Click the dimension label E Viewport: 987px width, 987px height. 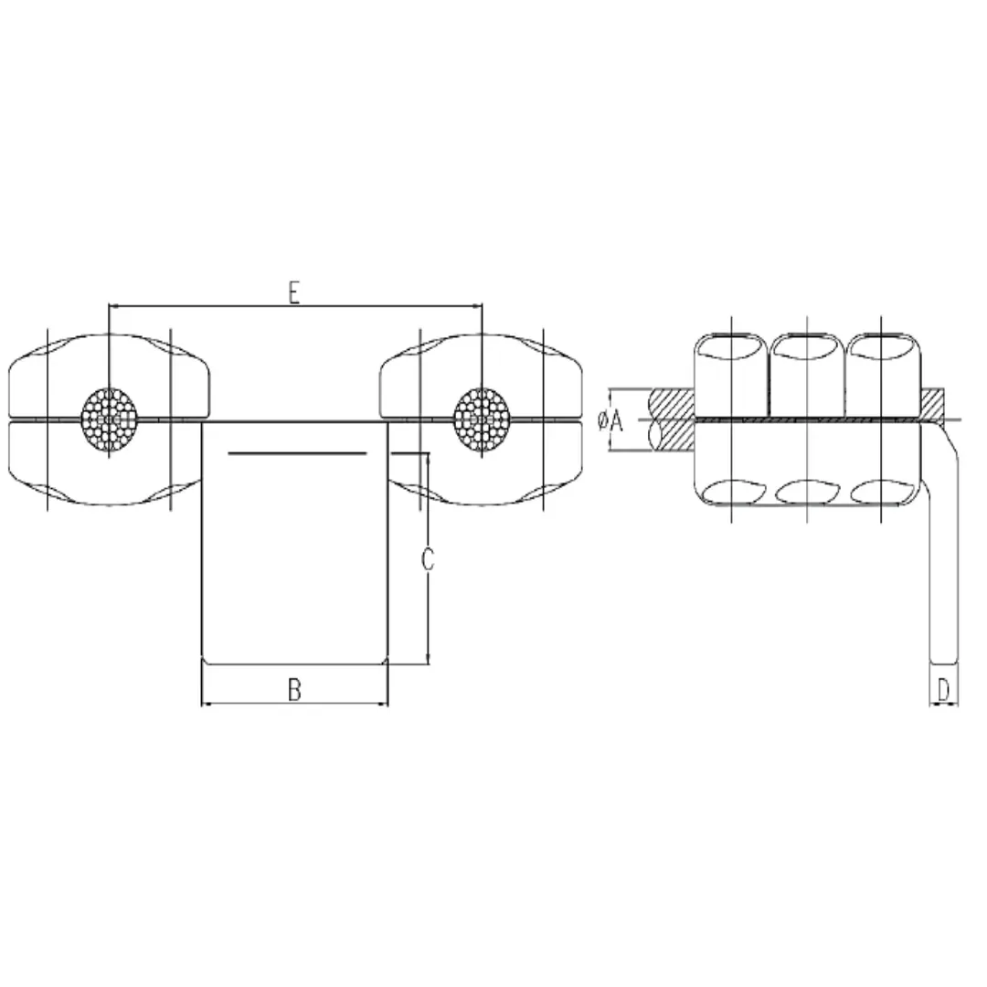(x=293, y=292)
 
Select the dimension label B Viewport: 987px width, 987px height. (x=294, y=690)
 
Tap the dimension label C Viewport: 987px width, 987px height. (x=427, y=558)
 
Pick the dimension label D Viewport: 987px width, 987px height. (x=945, y=688)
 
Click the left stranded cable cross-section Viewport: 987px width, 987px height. (x=109, y=419)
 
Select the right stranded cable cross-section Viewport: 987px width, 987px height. (x=482, y=419)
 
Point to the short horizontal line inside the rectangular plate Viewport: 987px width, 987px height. (x=297, y=453)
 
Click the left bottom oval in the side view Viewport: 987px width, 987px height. (x=731, y=492)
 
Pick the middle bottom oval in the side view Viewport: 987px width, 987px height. (x=807, y=492)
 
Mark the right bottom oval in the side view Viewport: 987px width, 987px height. (x=883, y=492)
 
